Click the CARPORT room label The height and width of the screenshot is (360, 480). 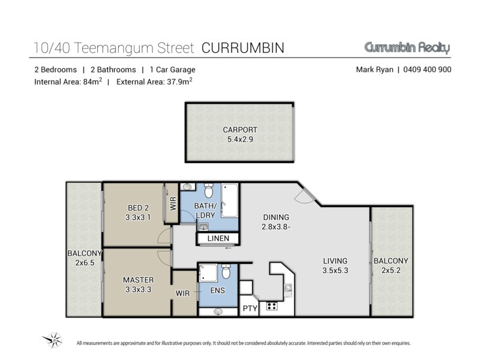click(x=239, y=130)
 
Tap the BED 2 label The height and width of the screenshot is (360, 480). click(x=138, y=208)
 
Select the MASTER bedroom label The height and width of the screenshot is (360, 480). click(x=139, y=280)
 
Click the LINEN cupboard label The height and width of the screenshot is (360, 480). click(x=218, y=238)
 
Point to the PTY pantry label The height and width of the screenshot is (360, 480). click(x=250, y=308)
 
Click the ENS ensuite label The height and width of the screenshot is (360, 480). click(x=217, y=290)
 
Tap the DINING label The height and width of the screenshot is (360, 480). click(x=276, y=217)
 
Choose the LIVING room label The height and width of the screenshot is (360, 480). click(x=335, y=261)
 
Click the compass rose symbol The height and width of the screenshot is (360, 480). click(x=53, y=340)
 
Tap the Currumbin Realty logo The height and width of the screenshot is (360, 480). click(x=407, y=47)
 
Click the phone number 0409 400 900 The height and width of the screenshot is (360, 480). click(x=427, y=70)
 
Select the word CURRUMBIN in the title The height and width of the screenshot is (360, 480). click(x=243, y=48)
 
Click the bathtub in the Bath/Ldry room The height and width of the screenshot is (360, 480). click(x=229, y=200)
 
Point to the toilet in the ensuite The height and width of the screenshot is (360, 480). click(x=226, y=272)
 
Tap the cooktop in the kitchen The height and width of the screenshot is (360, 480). click(x=272, y=306)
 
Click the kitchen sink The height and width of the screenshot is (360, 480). click(x=288, y=289)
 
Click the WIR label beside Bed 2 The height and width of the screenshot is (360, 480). click(x=173, y=203)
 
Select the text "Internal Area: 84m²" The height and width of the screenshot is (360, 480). click(x=68, y=82)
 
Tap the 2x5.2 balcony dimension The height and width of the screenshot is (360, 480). click(x=391, y=271)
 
